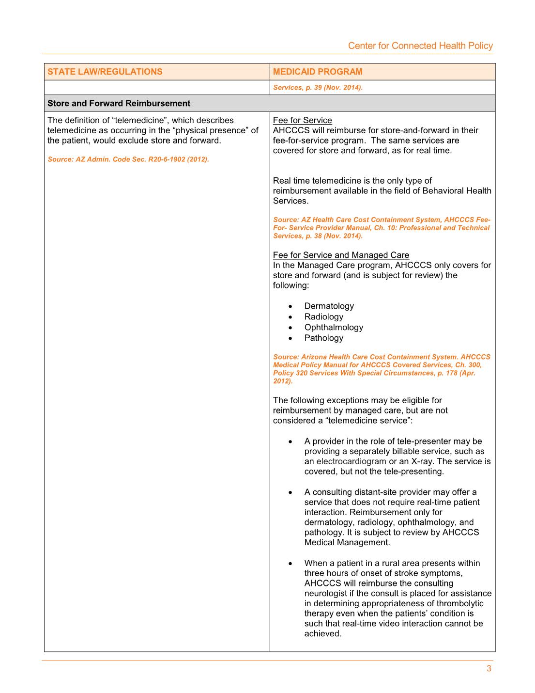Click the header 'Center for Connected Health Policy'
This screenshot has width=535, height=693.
(420, 46)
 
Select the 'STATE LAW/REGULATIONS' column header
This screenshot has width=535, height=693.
(105, 72)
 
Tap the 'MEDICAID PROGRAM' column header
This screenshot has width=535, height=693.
(318, 72)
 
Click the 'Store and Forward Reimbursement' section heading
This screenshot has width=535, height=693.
(119, 103)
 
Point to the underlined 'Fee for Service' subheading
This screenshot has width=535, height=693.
(302, 120)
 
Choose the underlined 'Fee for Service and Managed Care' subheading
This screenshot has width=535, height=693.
(341, 255)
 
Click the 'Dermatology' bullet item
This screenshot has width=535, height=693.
(329, 306)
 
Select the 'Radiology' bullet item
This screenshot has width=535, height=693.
(323, 316)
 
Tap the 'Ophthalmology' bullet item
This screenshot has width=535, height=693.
(334, 327)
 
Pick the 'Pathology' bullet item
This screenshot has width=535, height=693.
(323, 338)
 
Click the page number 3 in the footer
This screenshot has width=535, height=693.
(489, 669)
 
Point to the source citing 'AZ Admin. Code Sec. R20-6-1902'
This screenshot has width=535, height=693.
(128, 159)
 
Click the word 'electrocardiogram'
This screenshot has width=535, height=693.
(351, 461)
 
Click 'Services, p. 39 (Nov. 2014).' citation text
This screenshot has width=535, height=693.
(318, 88)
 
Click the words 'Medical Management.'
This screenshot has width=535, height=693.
(347, 542)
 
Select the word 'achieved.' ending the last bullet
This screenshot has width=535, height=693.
(323, 633)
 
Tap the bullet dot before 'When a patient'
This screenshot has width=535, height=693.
(290, 564)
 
